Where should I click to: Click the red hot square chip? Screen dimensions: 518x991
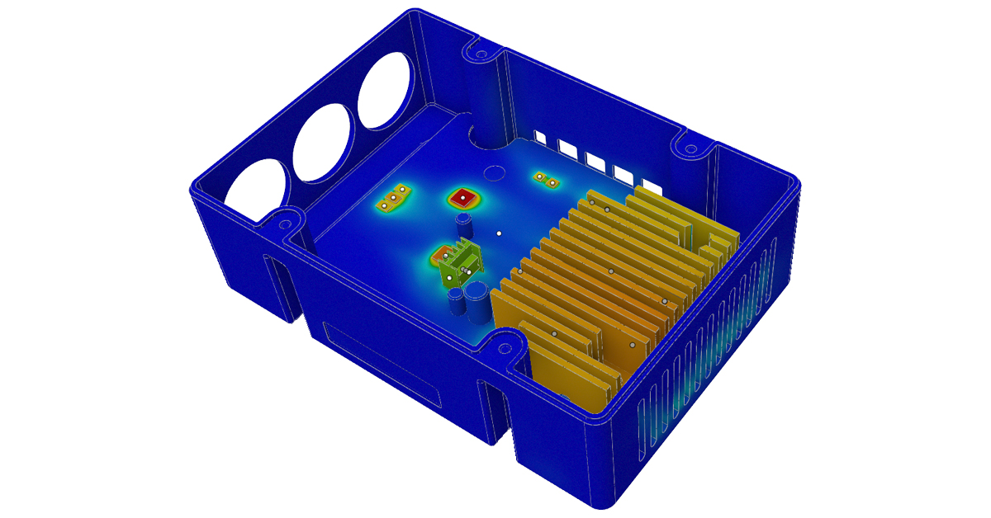464,198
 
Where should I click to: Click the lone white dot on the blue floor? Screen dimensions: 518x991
499,234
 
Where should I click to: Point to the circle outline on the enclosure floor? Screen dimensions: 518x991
495,172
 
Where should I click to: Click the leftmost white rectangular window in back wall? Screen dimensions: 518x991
540,134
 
